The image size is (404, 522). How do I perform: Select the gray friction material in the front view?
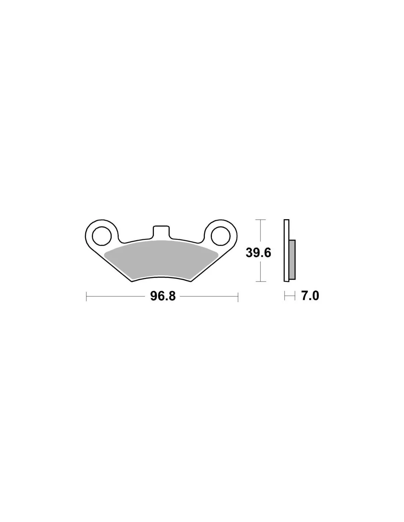pyautogui.click(x=161, y=260)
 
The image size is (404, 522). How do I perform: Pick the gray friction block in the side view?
pyautogui.click(x=292, y=260)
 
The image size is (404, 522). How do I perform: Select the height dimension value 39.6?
pyautogui.click(x=258, y=253)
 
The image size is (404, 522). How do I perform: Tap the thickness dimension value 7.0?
pyautogui.click(x=310, y=296)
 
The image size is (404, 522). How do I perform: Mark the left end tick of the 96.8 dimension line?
pyautogui.click(x=86, y=297)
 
